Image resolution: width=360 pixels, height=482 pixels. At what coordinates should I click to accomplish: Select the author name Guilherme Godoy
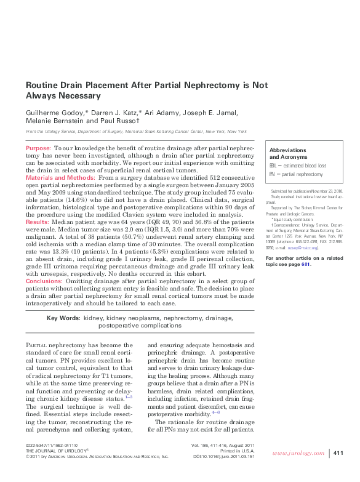pyautogui.click(x=51, y=113)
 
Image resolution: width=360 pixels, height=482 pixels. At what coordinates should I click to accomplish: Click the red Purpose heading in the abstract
pyautogui.click(x=38, y=149)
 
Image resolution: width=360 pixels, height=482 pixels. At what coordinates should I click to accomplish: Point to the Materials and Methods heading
pyautogui.click(x=60, y=177)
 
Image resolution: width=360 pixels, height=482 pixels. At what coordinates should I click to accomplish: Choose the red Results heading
pyautogui.click(x=37, y=221)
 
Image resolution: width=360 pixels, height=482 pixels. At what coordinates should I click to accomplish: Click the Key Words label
pyautogui.click(x=63, y=318)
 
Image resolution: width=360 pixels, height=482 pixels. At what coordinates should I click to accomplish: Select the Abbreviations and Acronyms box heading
pyautogui.click(x=288, y=154)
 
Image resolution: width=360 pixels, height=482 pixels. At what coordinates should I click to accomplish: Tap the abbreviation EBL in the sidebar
pyautogui.click(x=274, y=166)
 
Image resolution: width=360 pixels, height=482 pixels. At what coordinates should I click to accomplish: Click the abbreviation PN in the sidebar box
pyautogui.click(x=273, y=174)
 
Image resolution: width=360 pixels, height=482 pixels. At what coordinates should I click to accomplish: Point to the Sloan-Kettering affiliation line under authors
pyautogui.click(x=135, y=132)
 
